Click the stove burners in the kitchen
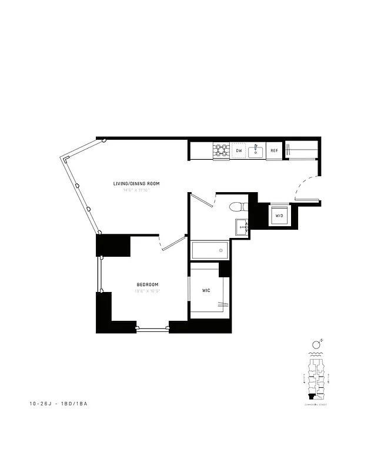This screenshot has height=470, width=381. (221, 151)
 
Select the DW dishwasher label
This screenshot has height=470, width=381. (239, 151)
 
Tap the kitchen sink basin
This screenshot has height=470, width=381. (256, 152)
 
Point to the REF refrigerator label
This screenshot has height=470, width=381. (274, 151)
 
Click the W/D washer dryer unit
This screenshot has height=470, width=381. (279, 216)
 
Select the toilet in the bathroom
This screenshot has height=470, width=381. (239, 207)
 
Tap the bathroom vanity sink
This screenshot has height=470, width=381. (241, 227)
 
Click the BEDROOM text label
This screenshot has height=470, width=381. (147, 284)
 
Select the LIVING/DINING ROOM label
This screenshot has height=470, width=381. (136, 184)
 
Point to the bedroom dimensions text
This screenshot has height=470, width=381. (147, 291)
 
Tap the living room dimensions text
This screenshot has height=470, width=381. (136, 190)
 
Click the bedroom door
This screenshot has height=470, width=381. (172, 243)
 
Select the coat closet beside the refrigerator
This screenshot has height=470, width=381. (301, 150)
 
